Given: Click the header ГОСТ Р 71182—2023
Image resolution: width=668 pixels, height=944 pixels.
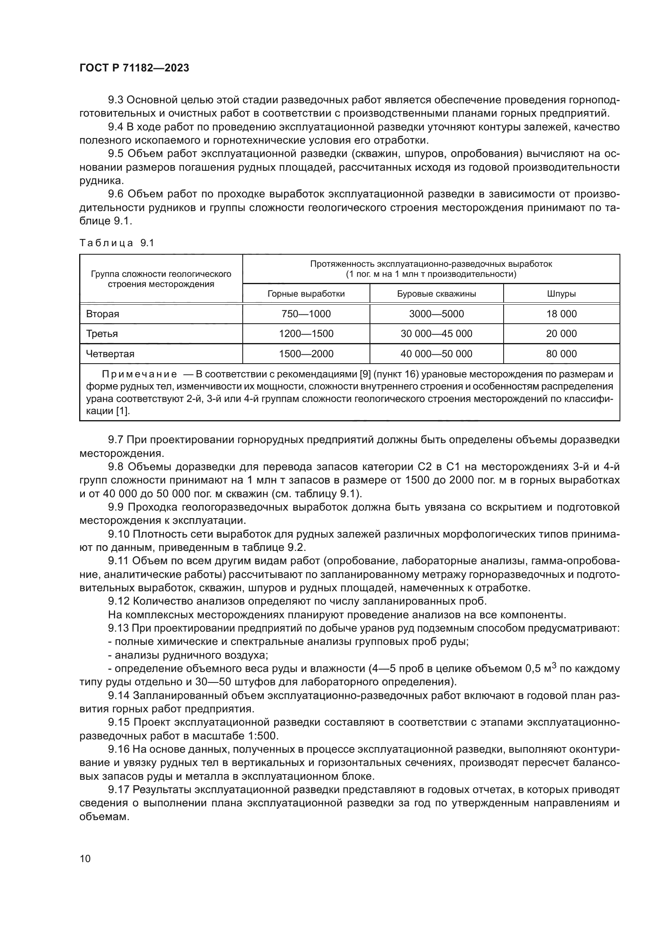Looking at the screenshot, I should (134, 68).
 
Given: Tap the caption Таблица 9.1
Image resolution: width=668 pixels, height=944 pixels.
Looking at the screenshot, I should (116, 243).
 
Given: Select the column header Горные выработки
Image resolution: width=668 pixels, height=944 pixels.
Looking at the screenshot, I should (306, 293).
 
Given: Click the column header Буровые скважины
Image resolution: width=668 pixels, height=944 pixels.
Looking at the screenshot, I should (437, 293).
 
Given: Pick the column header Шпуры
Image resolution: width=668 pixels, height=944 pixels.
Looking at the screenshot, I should (561, 293).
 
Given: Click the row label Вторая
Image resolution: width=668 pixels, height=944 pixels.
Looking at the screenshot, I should (103, 314).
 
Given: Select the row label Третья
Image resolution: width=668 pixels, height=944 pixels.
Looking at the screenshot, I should (102, 333).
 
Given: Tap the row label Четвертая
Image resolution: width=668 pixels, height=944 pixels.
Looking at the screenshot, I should (110, 354).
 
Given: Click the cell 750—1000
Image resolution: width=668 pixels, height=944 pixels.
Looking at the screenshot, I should (306, 314).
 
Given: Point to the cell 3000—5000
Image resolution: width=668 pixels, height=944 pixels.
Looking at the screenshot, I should (437, 314).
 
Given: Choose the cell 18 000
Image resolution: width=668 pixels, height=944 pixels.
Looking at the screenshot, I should (561, 314).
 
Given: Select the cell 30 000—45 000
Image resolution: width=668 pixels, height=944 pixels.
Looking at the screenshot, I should (437, 333).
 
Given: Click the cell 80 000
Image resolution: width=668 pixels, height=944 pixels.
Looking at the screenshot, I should (561, 354).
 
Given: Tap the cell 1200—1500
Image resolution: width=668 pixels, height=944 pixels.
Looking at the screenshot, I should (306, 333).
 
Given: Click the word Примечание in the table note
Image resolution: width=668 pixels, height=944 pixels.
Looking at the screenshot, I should (139, 374).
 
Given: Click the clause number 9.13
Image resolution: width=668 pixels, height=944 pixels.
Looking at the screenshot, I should (118, 628).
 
